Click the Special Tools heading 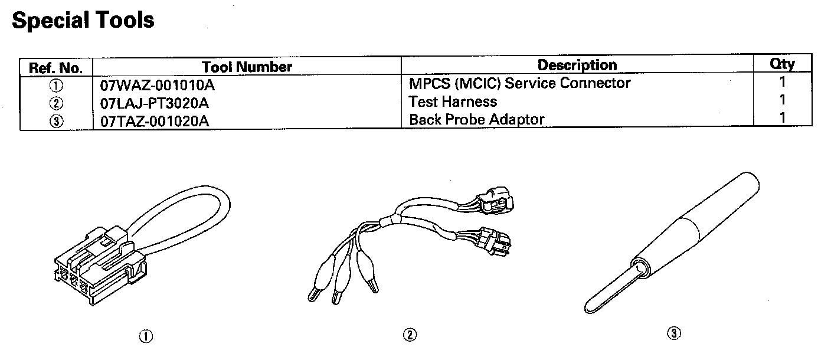click(83, 21)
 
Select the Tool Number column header click(247, 67)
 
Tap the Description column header click(577, 65)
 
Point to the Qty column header click(783, 64)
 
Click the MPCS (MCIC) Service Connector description click(519, 83)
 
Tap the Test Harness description click(453, 102)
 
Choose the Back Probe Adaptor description click(476, 119)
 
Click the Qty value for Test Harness click(783, 100)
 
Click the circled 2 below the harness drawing click(410, 335)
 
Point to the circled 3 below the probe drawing click(674, 334)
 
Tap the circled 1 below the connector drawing click(145, 336)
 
